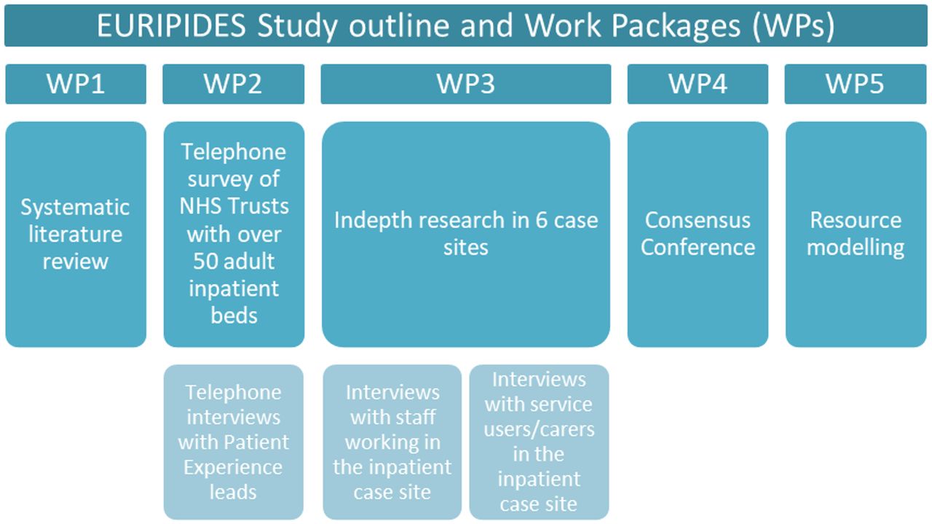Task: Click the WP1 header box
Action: click(x=76, y=84)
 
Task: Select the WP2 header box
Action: click(x=234, y=84)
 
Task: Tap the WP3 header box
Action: click(x=466, y=84)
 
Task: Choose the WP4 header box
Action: click(x=698, y=84)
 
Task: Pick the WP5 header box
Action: click(x=856, y=84)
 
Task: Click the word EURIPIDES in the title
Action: click(x=171, y=26)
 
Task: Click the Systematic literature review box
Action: click(x=76, y=234)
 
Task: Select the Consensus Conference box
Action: click(x=698, y=234)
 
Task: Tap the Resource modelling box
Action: click(x=856, y=234)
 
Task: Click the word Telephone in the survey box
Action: click(x=234, y=152)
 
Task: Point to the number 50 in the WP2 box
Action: click(x=205, y=261)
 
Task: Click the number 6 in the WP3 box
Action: click(x=541, y=220)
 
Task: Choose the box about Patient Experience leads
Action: click(x=234, y=442)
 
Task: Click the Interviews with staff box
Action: click(x=392, y=442)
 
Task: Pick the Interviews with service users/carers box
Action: click(x=539, y=442)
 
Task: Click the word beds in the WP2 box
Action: click(x=234, y=316)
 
